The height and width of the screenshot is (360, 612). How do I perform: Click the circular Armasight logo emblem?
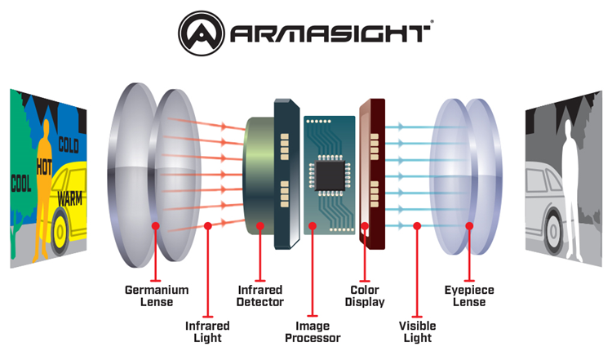202,33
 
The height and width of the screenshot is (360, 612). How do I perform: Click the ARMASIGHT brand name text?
330,33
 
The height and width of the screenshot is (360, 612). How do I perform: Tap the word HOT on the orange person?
45,167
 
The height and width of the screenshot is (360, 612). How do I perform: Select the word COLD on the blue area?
69,144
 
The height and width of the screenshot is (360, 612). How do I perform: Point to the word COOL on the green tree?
21,183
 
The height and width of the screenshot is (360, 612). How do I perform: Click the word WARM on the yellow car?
70,198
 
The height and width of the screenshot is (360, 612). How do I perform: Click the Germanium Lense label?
157,296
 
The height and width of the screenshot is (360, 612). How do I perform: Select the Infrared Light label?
207,331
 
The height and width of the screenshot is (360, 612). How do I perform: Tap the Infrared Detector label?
260,296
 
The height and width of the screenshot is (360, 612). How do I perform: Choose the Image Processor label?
313,331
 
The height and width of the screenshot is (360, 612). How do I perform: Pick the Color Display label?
365,296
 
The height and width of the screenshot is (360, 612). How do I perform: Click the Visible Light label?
417,331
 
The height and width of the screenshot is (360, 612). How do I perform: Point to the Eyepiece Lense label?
469,296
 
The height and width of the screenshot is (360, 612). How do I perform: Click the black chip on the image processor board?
330,176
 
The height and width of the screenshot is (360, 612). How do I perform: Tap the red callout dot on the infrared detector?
260,225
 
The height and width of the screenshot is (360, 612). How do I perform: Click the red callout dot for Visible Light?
417,225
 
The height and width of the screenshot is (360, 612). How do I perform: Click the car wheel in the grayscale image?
553,230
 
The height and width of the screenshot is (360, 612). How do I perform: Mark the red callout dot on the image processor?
313,225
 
